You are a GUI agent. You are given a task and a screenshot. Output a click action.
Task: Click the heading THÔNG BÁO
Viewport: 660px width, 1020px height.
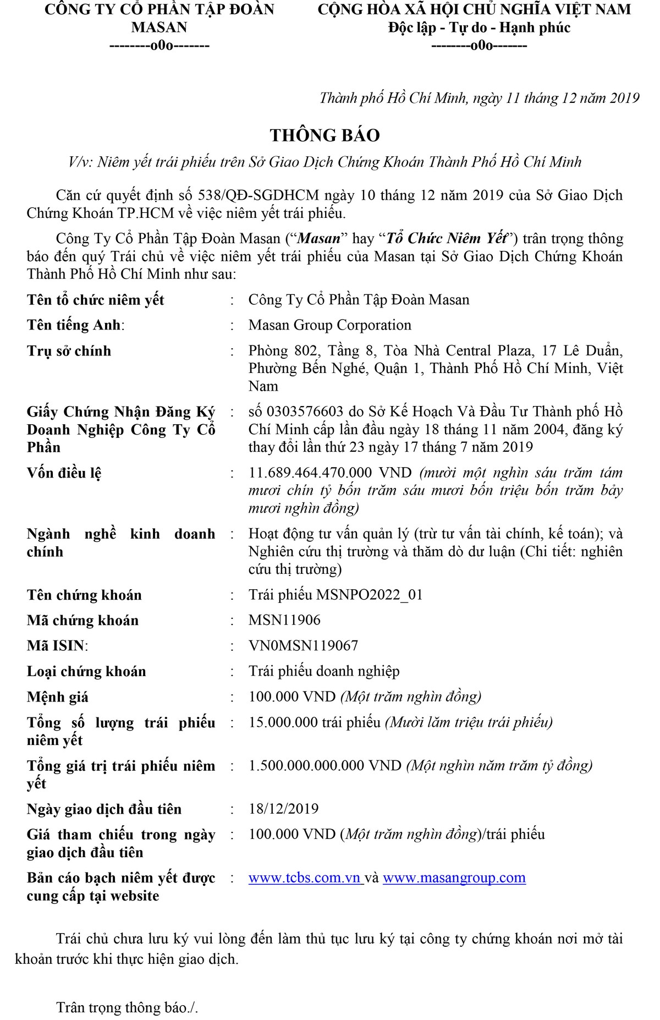[324, 135]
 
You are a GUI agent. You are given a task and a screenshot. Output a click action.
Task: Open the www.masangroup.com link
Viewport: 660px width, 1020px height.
[454, 878]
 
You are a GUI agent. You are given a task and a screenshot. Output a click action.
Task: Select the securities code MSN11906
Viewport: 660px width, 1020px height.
[284, 620]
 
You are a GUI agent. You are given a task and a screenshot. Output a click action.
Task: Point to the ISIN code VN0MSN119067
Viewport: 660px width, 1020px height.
[303, 645]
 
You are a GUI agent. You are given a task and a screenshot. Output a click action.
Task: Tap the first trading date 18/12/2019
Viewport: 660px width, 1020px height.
[283, 809]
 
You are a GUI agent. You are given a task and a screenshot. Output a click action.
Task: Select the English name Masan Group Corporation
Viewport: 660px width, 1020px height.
[329, 325]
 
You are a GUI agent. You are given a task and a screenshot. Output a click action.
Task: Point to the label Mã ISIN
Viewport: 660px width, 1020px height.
[57, 645]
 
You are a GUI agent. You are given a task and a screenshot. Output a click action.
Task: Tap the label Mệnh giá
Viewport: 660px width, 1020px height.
[58, 697]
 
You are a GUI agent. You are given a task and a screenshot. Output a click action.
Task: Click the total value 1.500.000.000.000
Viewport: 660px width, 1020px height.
[306, 765]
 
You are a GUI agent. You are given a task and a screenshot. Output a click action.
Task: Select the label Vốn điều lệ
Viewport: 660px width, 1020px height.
[64, 473]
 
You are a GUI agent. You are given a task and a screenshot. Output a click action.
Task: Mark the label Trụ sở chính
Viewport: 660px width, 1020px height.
[69, 351]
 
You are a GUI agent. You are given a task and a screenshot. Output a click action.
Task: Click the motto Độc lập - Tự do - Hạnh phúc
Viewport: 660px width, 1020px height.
[479, 28]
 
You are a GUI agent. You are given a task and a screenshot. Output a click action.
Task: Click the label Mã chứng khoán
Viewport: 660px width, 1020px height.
[82, 620]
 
